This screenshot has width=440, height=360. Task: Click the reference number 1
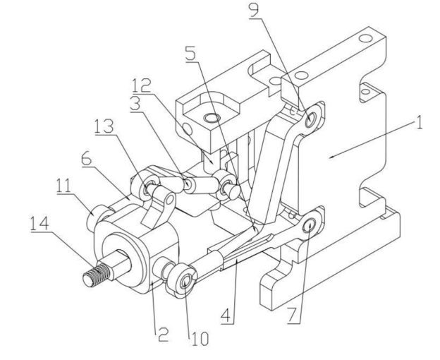coord(419,122)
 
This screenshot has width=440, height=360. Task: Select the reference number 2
coord(162,334)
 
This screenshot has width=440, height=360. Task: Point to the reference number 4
coord(227,316)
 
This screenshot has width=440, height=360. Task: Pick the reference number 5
coord(191,54)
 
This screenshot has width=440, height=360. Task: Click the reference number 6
coord(87,160)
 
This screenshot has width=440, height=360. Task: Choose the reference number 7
coord(293,316)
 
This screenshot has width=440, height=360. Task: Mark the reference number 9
coord(255,11)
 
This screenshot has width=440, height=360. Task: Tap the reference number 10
coord(200,339)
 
